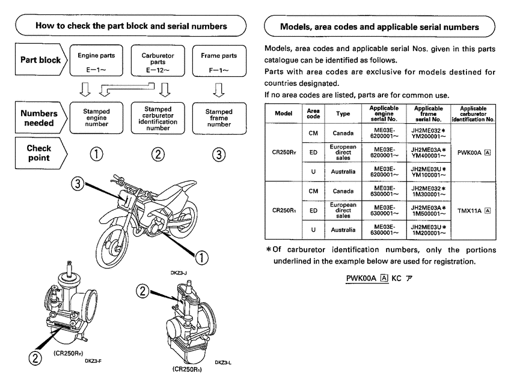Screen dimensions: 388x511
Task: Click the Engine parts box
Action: point(92,61)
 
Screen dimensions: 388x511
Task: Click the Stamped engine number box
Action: point(92,115)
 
